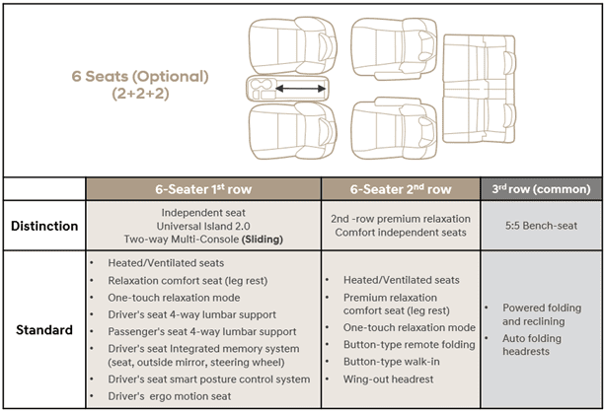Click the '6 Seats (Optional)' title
[139, 75]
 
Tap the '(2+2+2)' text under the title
[139, 96]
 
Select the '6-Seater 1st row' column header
[202, 189]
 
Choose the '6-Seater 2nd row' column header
[401, 189]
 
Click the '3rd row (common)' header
[541, 189]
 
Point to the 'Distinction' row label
[44, 226]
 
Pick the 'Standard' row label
[44, 329]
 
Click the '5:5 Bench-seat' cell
[541, 226]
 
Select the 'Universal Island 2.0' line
[202, 226]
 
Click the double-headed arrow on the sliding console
[301, 89]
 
